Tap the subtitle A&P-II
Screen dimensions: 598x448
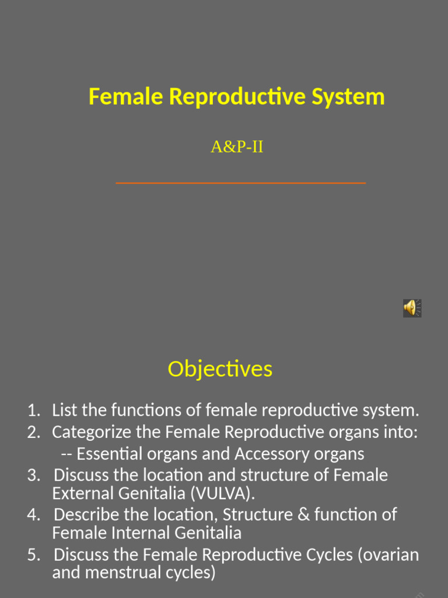point(237,147)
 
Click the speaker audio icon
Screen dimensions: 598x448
point(412,308)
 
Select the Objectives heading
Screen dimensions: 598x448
point(220,369)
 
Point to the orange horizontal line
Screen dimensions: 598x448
point(240,183)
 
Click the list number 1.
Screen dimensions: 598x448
point(33,411)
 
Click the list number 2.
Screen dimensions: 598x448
point(33,433)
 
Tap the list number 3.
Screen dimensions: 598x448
point(33,475)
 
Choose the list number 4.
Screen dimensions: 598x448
point(33,515)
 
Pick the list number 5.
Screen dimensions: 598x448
point(33,555)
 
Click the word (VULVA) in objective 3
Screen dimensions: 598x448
point(222,494)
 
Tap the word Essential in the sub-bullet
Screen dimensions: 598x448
point(110,454)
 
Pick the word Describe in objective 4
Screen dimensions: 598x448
point(86,515)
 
